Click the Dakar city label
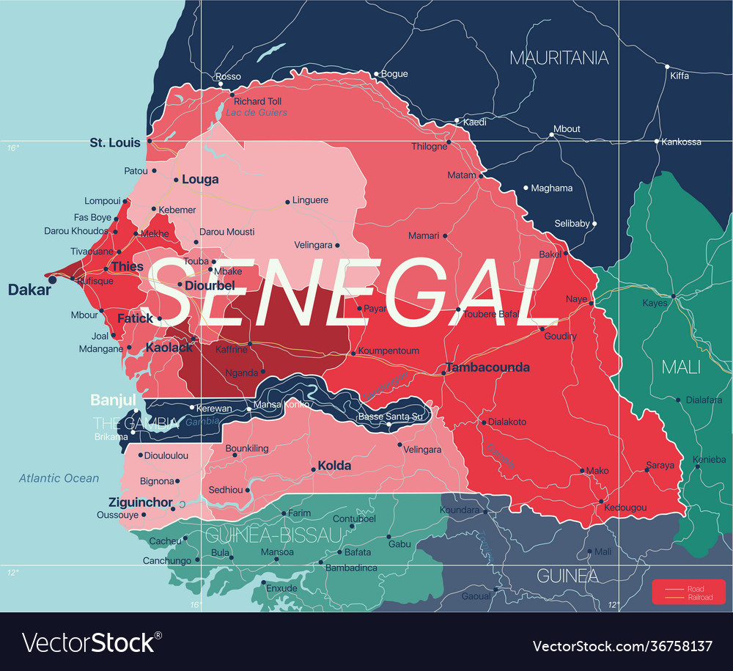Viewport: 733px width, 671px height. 29,290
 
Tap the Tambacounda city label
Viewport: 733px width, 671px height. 487,367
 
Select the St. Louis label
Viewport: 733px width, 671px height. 115,142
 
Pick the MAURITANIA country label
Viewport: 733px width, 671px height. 559,57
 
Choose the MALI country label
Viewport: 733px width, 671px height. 681,367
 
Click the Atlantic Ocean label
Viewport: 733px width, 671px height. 59,478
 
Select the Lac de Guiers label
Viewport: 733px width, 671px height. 257,113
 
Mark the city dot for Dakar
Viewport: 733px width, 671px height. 52,279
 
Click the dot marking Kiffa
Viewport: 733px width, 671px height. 666,66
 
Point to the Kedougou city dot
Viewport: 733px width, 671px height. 600,502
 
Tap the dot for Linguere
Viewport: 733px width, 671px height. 287,202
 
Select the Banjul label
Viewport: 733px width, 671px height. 113,400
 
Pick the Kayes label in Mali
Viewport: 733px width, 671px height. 655,303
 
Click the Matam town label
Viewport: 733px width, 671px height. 462,175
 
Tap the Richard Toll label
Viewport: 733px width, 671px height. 258,101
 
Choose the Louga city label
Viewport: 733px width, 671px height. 200,179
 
